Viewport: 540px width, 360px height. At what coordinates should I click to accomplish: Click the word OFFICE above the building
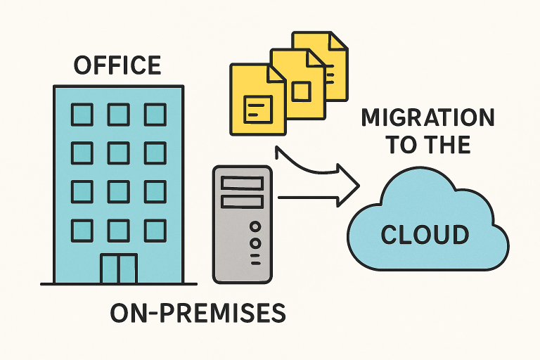tap(117, 65)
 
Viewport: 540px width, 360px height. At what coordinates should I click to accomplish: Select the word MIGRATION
tap(428, 117)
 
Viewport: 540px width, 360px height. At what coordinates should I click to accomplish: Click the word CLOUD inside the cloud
tap(425, 233)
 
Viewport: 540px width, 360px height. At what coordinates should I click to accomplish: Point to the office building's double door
tap(118, 269)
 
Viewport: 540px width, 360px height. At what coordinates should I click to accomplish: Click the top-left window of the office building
tap(82, 114)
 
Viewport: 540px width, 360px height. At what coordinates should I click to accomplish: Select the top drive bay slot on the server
tap(241, 184)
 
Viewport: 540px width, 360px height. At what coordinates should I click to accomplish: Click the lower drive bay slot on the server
tap(241, 201)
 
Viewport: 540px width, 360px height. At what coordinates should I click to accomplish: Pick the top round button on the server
tap(255, 227)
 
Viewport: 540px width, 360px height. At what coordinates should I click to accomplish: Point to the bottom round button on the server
tap(255, 258)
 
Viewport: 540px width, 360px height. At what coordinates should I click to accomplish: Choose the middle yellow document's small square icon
tap(301, 91)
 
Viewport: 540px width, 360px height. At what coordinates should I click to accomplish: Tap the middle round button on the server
tap(255, 243)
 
